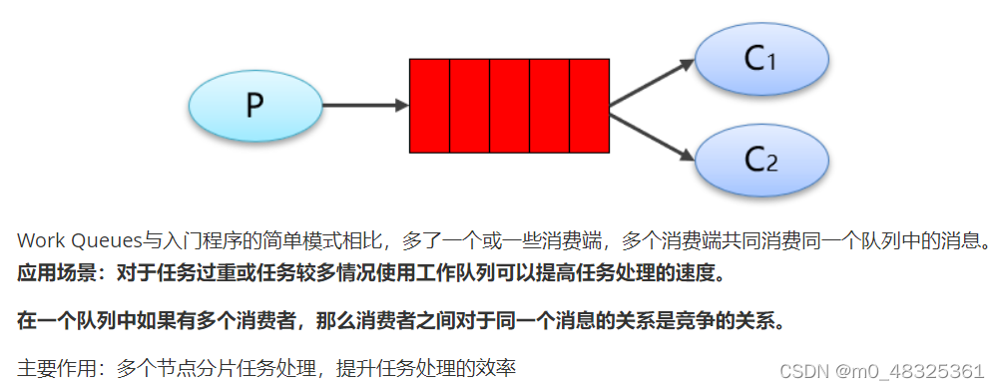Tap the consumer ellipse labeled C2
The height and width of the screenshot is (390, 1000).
759,157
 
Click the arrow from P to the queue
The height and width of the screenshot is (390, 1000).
365,105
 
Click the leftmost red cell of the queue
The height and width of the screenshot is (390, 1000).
429,105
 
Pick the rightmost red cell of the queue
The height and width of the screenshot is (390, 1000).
589,105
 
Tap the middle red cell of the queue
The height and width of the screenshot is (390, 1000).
509,105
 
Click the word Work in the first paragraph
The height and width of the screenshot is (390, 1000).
40,241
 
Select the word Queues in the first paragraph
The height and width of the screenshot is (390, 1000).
103,241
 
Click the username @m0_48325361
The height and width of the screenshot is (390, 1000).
912,370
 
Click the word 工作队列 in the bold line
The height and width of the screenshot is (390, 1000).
448,271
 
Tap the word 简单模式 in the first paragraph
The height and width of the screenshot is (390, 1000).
295,241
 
